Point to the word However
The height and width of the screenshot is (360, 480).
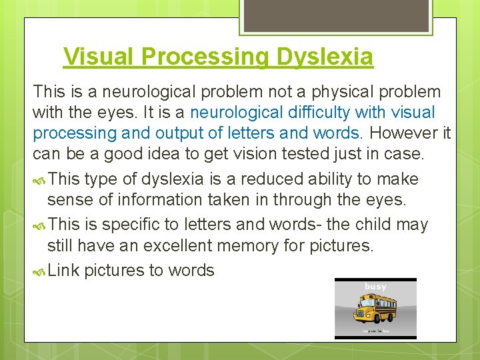405,133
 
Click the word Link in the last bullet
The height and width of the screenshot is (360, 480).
63,270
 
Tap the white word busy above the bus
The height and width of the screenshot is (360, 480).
375,287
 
